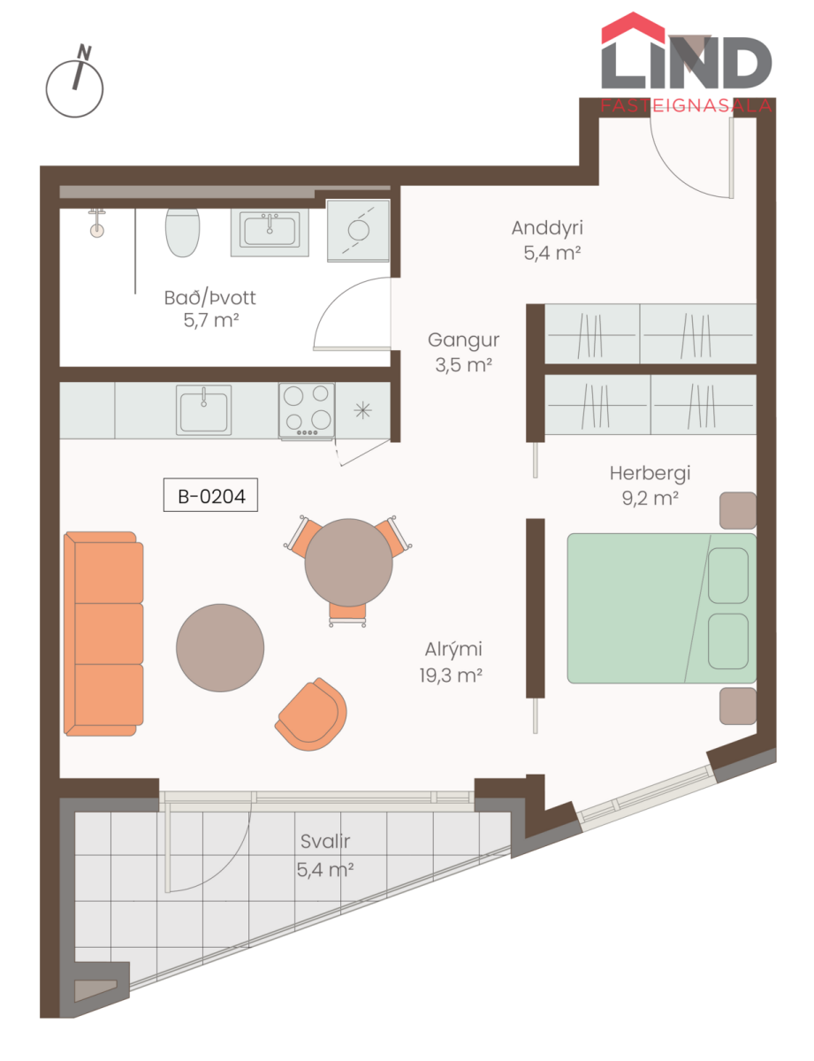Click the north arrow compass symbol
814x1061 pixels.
point(74,83)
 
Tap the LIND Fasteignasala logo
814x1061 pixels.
point(686,63)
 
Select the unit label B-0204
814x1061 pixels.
point(210,495)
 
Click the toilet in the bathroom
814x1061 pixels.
point(182,233)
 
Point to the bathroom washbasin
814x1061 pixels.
point(270,232)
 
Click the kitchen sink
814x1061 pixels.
point(203,410)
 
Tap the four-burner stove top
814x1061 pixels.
point(307,410)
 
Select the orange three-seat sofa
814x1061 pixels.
point(103,633)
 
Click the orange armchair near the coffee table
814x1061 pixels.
point(311,714)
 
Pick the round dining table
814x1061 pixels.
point(348,562)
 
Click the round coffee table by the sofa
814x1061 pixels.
point(220,648)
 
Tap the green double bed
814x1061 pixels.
point(661,608)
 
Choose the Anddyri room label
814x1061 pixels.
point(547,228)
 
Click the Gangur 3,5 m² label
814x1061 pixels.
point(464,353)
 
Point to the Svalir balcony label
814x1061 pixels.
point(325,841)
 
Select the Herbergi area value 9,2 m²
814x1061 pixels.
point(650,498)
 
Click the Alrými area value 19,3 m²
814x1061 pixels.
point(451,676)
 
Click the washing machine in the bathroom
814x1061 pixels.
point(358,231)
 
